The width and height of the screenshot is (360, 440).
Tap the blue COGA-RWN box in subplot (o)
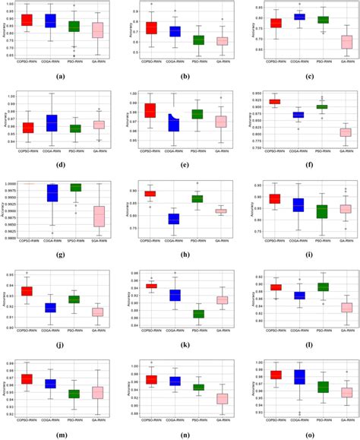pyautogui.click(x=299, y=376)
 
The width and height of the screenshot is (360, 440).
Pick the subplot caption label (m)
pyautogui.click(x=62, y=434)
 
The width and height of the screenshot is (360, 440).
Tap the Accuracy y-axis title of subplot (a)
pyautogui.click(x=5, y=31)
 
